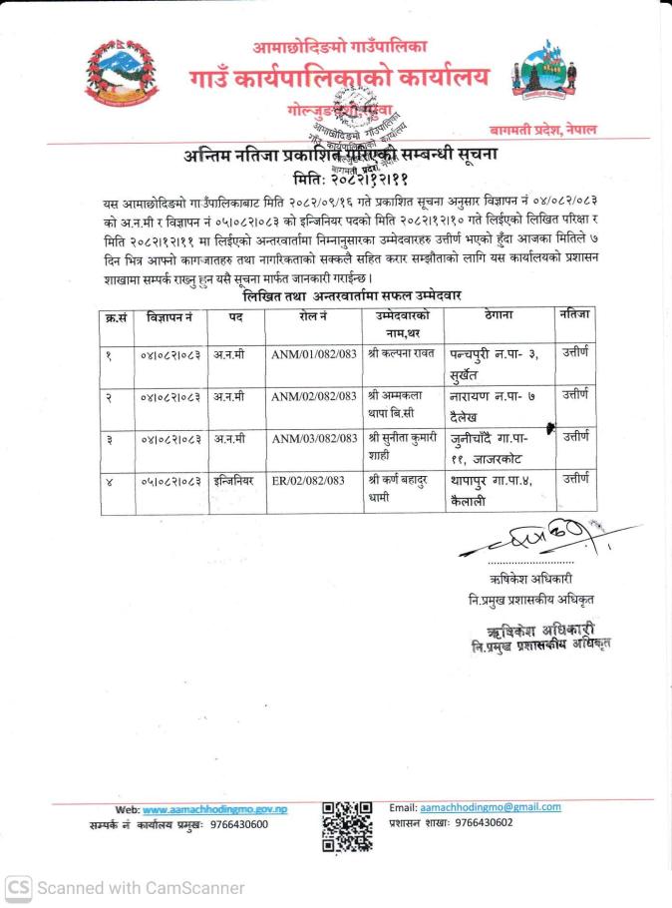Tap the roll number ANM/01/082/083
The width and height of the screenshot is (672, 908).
click(314, 353)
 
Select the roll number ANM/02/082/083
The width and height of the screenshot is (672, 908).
click(314, 396)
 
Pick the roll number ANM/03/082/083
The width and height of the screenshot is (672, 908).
click(314, 438)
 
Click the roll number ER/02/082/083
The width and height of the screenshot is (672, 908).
click(308, 480)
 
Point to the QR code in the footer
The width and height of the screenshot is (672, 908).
click(347, 826)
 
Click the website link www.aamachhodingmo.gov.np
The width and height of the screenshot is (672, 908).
click(215, 809)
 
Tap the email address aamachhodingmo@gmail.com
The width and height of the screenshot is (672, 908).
click(490, 806)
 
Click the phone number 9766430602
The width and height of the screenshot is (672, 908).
click(484, 822)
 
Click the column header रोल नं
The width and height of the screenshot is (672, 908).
click(313, 316)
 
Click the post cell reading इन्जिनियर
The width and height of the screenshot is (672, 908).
click(235, 480)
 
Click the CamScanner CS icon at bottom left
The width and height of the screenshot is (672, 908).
click(17, 887)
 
